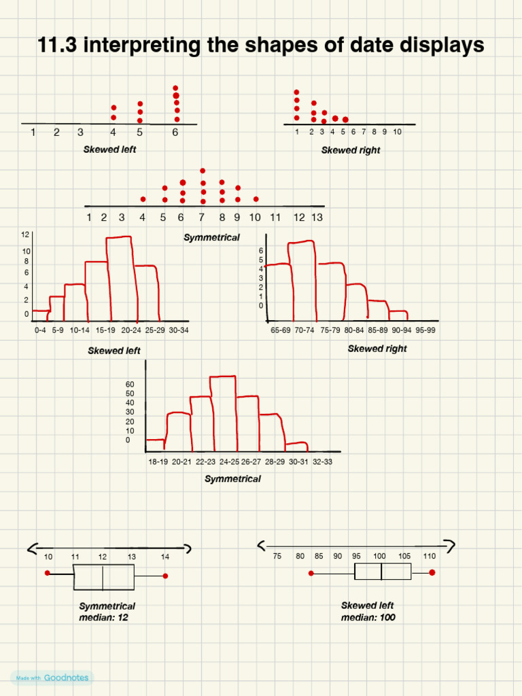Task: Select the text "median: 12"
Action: click(x=103, y=617)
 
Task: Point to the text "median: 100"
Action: click(x=368, y=617)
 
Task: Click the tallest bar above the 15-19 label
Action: click(x=120, y=279)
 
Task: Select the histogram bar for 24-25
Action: click(x=224, y=413)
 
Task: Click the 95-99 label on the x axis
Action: click(x=425, y=330)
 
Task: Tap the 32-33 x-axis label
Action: click(x=322, y=462)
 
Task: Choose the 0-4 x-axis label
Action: click(x=41, y=330)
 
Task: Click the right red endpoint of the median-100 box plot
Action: click(x=432, y=572)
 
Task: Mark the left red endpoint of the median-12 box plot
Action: click(x=48, y=573)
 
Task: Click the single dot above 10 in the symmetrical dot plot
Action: click(x=256, y=199)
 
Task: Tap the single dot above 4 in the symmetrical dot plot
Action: click(x=143, y=199)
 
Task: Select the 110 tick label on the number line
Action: click(x=430, y=556)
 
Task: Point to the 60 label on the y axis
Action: click(x=130, y=384)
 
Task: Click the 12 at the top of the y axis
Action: click(x=25, y=235)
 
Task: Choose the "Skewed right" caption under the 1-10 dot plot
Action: click(x=351, y=150)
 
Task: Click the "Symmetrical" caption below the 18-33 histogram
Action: click(x=232, y=478)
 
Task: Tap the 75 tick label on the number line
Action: click(x=277, y=556)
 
